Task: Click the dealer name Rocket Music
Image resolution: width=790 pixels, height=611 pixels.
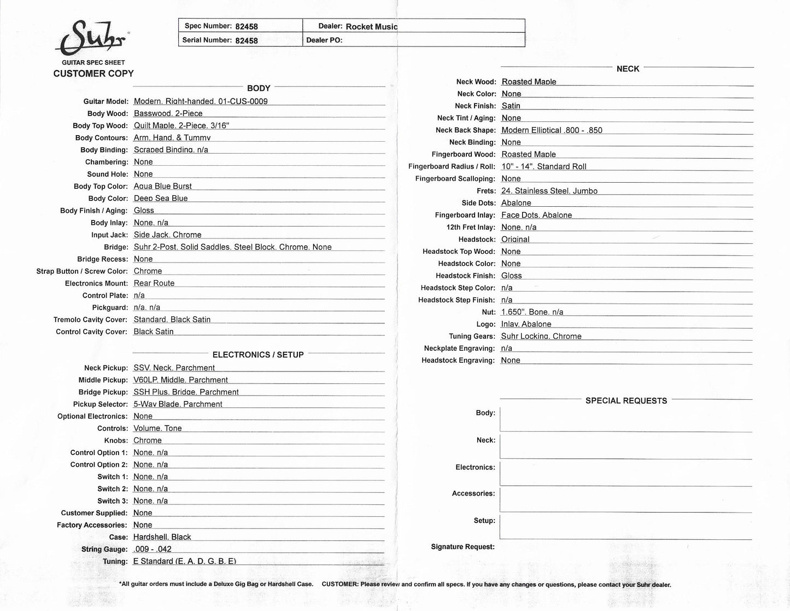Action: [371, 27]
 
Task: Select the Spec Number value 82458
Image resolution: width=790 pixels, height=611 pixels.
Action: [247, 26]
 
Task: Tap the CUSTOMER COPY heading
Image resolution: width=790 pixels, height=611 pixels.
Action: [93, 73]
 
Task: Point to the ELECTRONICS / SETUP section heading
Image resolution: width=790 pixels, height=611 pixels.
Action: [258, 354]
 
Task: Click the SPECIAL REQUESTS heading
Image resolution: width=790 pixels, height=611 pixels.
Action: [626, 400]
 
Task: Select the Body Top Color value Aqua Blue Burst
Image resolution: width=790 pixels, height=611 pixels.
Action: [163, 186]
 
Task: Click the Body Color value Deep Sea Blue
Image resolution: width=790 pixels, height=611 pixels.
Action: [161, 198]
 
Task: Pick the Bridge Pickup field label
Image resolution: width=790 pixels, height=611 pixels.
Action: [103, 392]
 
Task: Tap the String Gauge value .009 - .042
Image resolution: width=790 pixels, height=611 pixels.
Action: [153, 549]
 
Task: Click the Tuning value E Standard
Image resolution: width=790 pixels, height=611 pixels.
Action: [185, 561]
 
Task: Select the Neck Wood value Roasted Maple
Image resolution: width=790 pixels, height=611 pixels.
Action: [529, 82]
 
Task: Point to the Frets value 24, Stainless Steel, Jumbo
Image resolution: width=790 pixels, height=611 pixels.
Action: [549, 191]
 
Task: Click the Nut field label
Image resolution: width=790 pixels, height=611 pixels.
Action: [485, 312]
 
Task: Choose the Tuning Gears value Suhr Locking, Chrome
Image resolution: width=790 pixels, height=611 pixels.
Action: [541, 336]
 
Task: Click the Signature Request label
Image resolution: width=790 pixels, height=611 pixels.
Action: [463, 546]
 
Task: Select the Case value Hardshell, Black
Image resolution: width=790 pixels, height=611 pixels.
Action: [162, 537]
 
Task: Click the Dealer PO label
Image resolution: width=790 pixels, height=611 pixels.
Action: [324, 40]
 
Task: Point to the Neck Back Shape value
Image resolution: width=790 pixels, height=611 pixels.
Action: [552, 130]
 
